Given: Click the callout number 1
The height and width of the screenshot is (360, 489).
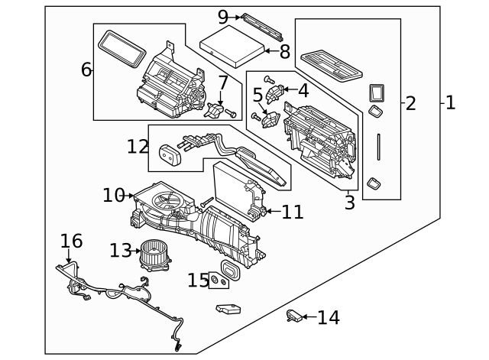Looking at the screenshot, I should tap(450, 102).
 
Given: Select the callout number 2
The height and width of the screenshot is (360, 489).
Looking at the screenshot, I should tap(410, 103).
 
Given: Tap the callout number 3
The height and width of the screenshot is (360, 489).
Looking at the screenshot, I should tap(349, 203).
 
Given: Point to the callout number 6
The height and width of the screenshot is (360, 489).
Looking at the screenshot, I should tap(86, 70).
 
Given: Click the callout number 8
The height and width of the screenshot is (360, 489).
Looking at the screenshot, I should tap(284, 52).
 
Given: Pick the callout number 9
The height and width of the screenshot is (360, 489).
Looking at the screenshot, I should tap(223, 17).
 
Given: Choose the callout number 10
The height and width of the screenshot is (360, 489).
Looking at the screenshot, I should tap(113, 196).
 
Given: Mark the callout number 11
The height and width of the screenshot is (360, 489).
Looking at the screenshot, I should tap(292, 212).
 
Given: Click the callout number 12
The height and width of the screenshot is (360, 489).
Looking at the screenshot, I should tap(138, 145).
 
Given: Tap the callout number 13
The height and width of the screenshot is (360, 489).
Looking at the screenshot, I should tap(120, 251).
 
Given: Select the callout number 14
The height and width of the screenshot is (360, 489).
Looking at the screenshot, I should tap(328, 317).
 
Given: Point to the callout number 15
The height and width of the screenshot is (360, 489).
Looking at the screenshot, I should tap(198, 281).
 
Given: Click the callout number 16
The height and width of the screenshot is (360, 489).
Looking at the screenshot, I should tap(71, 242).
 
